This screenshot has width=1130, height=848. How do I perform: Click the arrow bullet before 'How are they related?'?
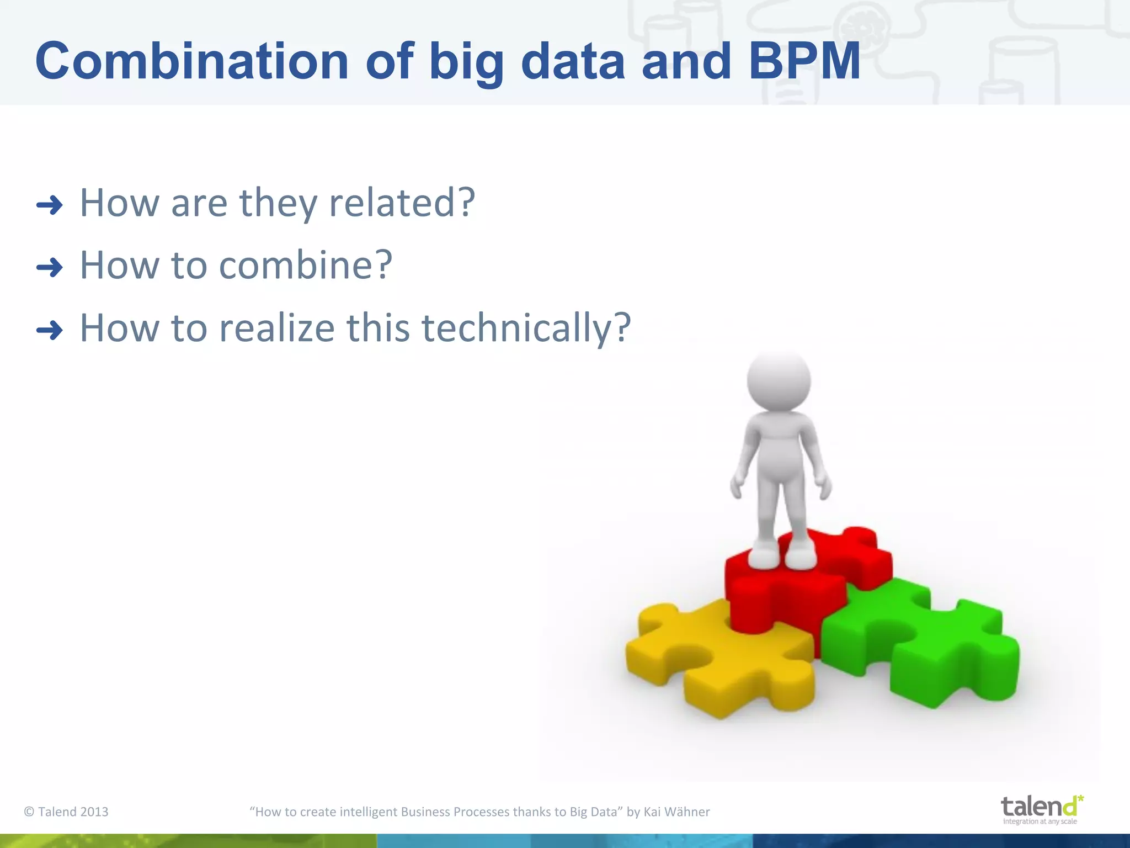[x=50, y=205]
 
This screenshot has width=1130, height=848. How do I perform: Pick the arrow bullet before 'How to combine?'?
[x=50, y=268]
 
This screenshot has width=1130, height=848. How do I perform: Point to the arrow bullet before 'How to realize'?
[x=50, y=331]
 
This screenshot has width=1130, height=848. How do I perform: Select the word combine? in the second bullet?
[x=306, y=265]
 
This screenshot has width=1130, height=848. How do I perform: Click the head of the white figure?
[x=779, y=381]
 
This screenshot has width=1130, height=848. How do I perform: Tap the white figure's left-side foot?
[x=764, y=558]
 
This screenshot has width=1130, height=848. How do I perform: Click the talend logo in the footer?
[x=1040, y=807]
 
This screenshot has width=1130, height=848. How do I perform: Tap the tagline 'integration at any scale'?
[x=1040, y=821]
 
